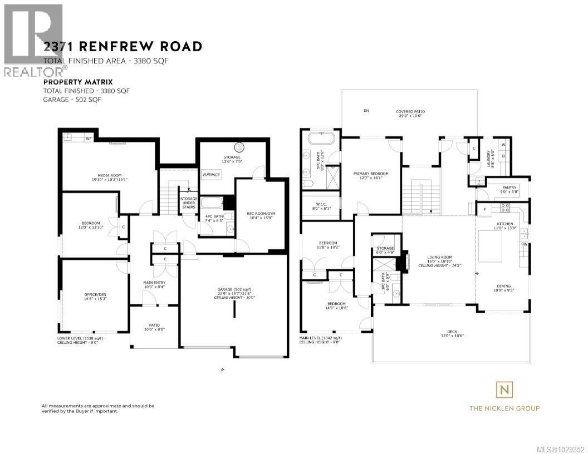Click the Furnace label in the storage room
coord(211,175)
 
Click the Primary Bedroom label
coord(371,174)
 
